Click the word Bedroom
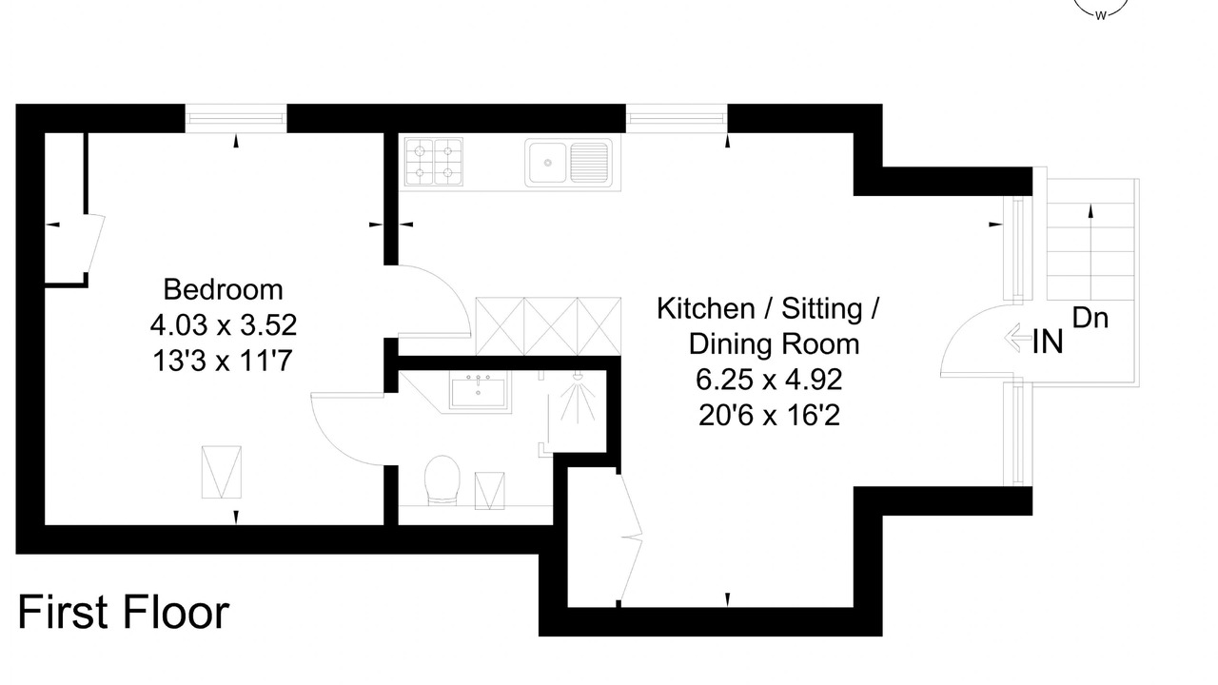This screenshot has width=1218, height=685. pyautogui.click(x=223, y=290)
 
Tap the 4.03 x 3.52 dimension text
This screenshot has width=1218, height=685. pyautogui.click(x=223, y=325)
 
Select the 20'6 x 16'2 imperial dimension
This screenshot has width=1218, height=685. pyautogui.click(x=769, y=416)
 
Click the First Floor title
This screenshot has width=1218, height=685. pyautogui.click(x=124, y=612)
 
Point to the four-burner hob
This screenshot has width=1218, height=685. pyautogui.click(x=434, y=162)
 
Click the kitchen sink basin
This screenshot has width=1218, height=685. pyautogui.click(x=547, y=162)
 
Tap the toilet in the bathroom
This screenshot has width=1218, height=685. pyautogui.click(x=442, y=480)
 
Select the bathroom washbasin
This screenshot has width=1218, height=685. pyautogui.click(x=479, y=390)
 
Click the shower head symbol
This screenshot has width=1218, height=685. pyautogui.click(x=578, y=397)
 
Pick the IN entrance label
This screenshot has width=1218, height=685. pyautogui.click(x=1048, y=342)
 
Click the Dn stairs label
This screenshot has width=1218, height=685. pyautogui.click(x=1090, y=318)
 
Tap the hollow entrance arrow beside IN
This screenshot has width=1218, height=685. pyautogui.click(x=1017, y=338)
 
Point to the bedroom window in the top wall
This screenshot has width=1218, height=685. pyautogui.click(x=236, y=118)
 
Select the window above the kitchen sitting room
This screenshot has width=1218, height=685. pyautogui.click(x=677, y=118)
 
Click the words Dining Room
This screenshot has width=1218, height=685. pyautogui.click(x=774, y=344)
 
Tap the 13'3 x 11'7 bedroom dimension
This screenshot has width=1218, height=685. pyautogui.click(x=223, y=361)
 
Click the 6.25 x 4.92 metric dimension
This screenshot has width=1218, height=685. pyautogui.click(x=769, y=380)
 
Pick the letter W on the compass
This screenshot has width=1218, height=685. pyautogui.click(x=1101, y=16)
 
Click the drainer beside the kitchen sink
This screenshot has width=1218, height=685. pyautogui.click(x=589, y=162)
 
